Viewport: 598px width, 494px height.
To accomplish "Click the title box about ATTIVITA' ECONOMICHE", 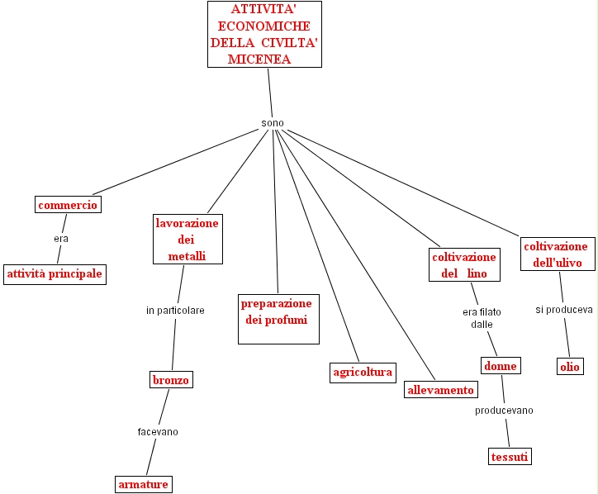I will tap(264, 35).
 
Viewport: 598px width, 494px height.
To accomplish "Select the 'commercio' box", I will tap(68, 204).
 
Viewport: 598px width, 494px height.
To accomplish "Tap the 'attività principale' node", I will tap(55, 273).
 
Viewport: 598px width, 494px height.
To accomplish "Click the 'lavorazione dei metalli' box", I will tap(187, 240).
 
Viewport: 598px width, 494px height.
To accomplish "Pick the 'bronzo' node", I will tap(171, 380).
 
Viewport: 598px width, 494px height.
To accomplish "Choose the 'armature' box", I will tap(143, 483).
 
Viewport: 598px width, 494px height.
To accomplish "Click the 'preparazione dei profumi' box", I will tap(277, 319).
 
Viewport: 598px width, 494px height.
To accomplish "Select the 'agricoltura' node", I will tap(362, 372).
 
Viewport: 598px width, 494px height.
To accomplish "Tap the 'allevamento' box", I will tap(441, 390).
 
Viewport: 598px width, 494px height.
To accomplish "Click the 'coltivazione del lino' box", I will tap(464, 265).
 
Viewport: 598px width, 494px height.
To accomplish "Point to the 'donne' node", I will tap(501, 366).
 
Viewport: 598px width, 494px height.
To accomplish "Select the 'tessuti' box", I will tap(509, 456).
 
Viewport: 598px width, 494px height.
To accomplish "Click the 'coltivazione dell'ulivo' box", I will tap(556, 254).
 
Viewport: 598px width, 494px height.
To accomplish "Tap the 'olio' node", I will tap(570, 366).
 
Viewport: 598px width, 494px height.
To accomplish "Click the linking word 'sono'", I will tap(273, 123).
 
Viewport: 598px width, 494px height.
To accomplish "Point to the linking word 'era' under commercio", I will tap(61, 239).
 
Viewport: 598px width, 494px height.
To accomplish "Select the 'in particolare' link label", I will tap(175, 311).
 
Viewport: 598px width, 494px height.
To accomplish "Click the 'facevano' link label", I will tap(158, 431).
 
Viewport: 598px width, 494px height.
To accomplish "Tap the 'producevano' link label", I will tap(504, 411).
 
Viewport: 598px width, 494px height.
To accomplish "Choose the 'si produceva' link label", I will tap(564, 310).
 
